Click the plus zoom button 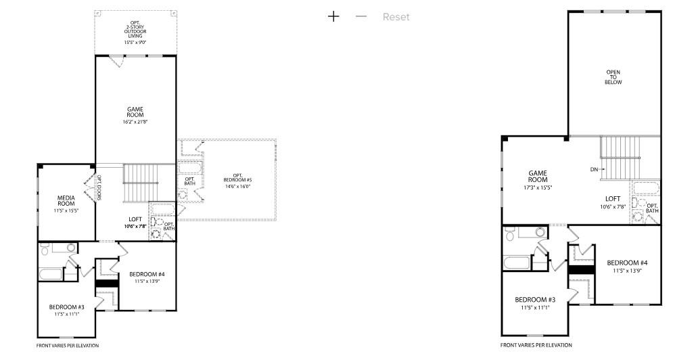(333, 16)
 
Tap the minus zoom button (361, 16)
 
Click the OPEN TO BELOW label (613, 77)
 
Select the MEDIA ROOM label (66, 200)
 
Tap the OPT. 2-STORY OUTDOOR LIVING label (135, 31)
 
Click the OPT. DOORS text (99, 187)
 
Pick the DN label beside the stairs (594, 169)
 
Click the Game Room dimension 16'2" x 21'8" (135, 122)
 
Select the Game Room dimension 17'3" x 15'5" (537, 187)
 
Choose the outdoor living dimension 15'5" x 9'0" (135, 43)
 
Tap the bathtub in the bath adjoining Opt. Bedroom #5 (189, 167)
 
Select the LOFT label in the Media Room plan (135, 219)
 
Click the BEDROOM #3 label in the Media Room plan (65, 307)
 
